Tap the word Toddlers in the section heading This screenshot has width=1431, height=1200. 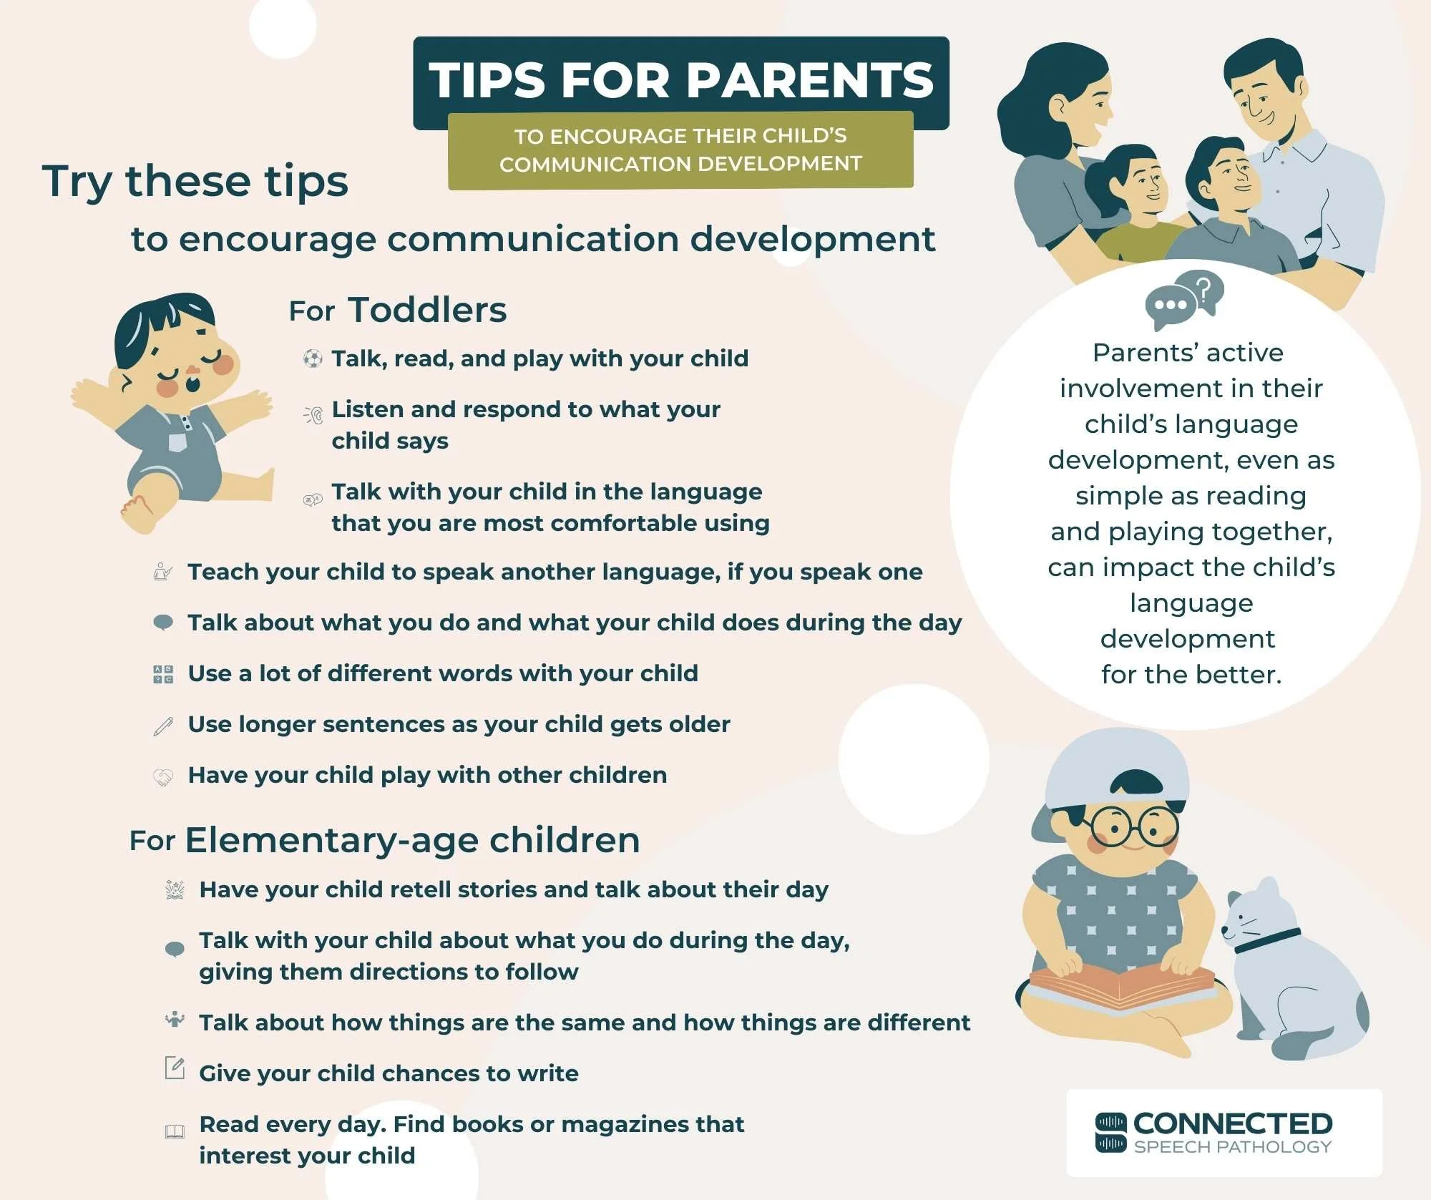pos(427,310)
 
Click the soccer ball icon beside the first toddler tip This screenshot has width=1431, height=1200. pos(313,358)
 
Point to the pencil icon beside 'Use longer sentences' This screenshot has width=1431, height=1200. pos(163,726)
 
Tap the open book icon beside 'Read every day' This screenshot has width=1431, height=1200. pos(175,1131)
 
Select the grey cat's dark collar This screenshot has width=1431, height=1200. pos(1266,939)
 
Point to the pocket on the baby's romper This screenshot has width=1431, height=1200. pos(177,442)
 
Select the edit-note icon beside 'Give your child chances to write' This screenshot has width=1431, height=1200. pos(175,1068)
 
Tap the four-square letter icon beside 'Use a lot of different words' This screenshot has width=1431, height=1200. pos(163,674)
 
